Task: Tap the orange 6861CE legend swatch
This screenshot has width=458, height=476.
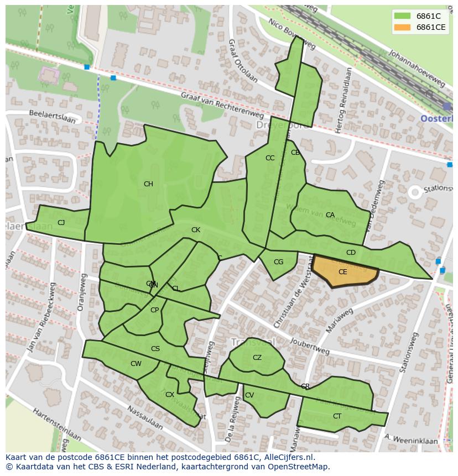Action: point(402,27)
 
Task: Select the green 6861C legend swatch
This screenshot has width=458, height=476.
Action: point(402,15)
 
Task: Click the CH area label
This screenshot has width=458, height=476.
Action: point(148,184)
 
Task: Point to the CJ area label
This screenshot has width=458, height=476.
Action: point(61,223)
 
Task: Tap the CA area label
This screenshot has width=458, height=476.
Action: point(330,215)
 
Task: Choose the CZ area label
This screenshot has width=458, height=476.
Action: point(257,358)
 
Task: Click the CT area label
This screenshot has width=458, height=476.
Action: point(337,416)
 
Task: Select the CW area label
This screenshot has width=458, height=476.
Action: point(136,364)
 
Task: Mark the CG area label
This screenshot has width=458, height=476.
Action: point(278,262)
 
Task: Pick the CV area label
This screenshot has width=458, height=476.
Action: point(249,395)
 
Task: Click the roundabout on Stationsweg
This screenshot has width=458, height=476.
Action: point(414,192)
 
